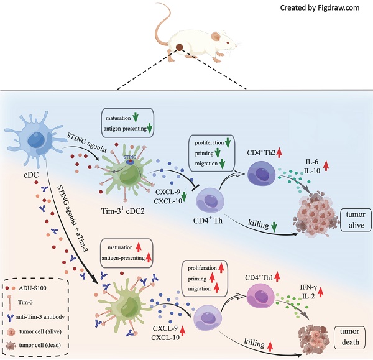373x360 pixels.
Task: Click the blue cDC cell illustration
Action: pos(31,137)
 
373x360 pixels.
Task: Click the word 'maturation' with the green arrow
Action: pos(120,116)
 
